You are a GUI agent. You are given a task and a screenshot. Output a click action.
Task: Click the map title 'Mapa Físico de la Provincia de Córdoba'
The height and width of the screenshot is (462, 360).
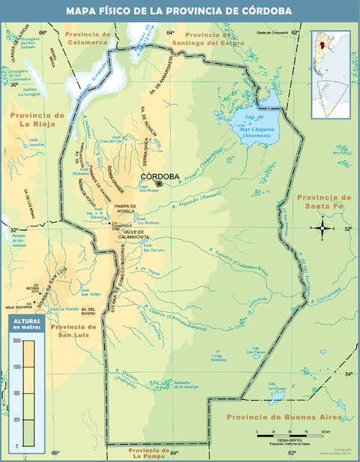pyautogui.click(x=179, y=10)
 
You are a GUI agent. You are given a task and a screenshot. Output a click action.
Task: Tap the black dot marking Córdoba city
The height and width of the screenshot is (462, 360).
pyautogui.click(x=159, y=183)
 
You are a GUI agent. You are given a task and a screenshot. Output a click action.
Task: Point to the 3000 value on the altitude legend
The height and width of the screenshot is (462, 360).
pyautogui.click(x=16, y=340)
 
